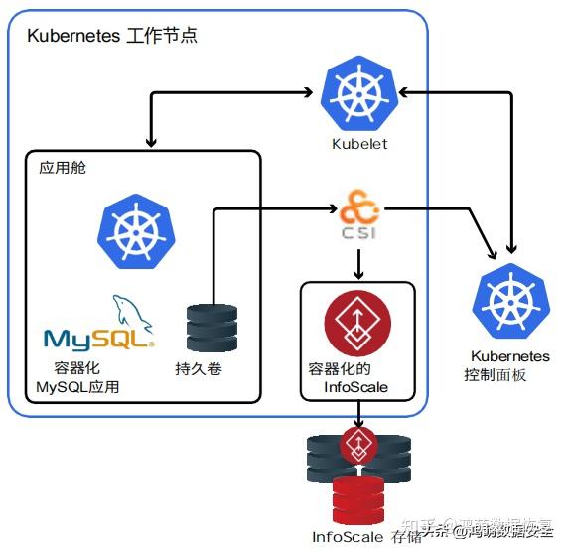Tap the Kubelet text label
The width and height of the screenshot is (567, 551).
pos(358,144)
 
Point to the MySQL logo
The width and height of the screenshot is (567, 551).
pos(99,327)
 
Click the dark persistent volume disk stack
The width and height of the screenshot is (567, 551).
pos(212,328)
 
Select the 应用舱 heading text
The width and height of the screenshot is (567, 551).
pos(63,167)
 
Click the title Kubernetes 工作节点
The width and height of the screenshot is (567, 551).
pos(112,37)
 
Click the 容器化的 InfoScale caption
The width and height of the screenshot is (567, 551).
pos(354,377)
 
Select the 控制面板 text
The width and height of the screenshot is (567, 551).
pos(496,375)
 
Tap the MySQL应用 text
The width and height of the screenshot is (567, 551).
pos(77,386)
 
